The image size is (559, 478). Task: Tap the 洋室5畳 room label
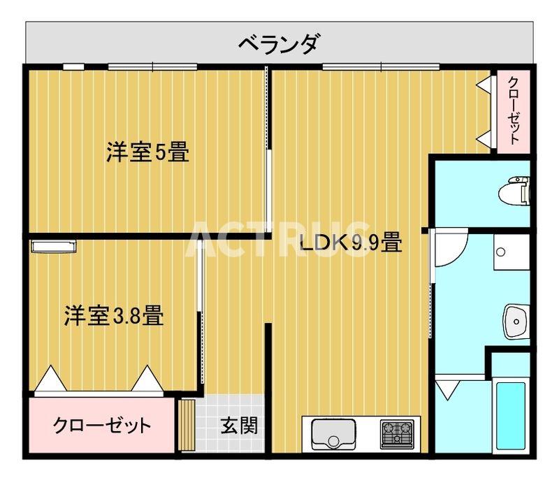pyautogui.click(x=147, y=152)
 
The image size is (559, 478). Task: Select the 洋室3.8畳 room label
pyautogui.click(x=115, y=316)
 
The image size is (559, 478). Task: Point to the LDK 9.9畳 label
pyautogui.click(x=350, y=244)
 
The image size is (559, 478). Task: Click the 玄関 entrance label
pyautogui.click(x=239, y=425)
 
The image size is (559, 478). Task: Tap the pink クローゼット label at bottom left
pyautogui.click(x=102, y=425)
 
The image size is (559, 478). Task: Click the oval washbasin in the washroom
pyautogui.click(x=516, y=322)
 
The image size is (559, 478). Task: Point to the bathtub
pyautogui.click(x=511, y=415)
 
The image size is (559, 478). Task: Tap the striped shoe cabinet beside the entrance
pyautogui.click(x=186, y=425)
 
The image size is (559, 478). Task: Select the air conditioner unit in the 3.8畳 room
pyautogui.click(x=52, y=246)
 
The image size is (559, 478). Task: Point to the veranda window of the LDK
pyautogui.click(x=381, y=67)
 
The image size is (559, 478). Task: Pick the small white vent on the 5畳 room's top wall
pyautogui.click(x=73, y=67)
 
